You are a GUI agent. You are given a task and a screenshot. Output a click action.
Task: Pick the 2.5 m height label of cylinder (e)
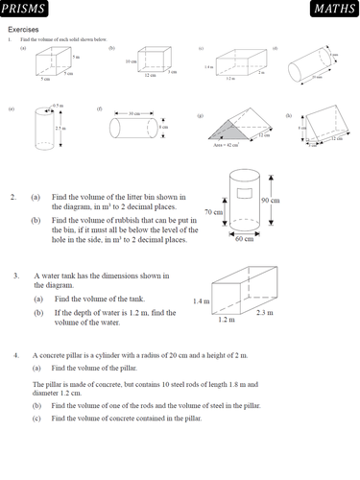pyautogui.click(x=60, y=128)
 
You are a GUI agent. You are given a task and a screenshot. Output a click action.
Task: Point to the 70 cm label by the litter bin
pyautogui.click(x=213, y=211)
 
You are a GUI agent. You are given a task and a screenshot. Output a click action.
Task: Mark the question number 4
pyautogui.click(x=15, y=355)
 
